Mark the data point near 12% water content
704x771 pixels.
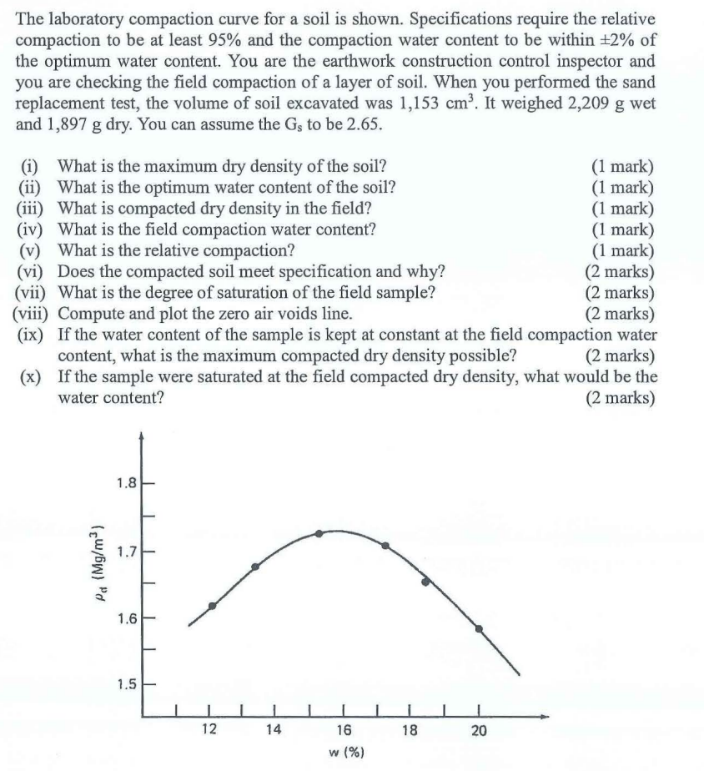click(x=212, y=606)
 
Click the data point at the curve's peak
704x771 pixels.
click(x=319, y=533)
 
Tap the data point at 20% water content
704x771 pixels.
click(x=479, y=628)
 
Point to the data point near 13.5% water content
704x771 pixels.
click(x=255, y=567)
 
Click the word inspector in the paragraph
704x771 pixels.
click(x=612, y=62)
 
